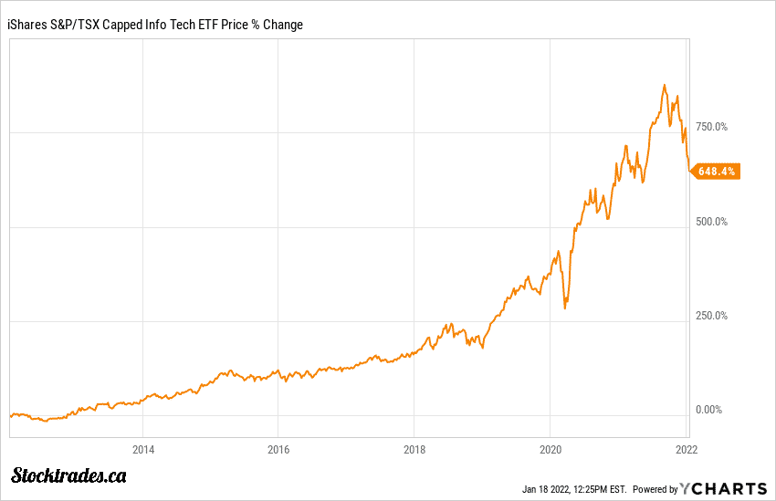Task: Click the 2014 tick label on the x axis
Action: click(x=142, y=449)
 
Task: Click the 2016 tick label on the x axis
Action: click(x=278, y=449)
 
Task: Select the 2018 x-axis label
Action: click(x=414, y=449)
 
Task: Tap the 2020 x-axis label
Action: click(x=550, y=449)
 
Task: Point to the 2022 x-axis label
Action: click(x=686, y=449)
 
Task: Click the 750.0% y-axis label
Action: click(x=711, y=127)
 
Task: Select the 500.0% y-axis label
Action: click(x=711, y=222)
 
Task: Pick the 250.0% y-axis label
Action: click(x=711, y=316)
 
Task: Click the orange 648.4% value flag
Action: click(x=717, y=171)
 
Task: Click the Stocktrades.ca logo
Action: click(x=69, y=475)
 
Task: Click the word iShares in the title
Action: click(x=28, y=25)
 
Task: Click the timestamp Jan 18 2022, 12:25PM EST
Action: click(x=574, y=488)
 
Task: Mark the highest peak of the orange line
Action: click(x=665, y=85)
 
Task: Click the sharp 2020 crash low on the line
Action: click(x=565, y=308)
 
